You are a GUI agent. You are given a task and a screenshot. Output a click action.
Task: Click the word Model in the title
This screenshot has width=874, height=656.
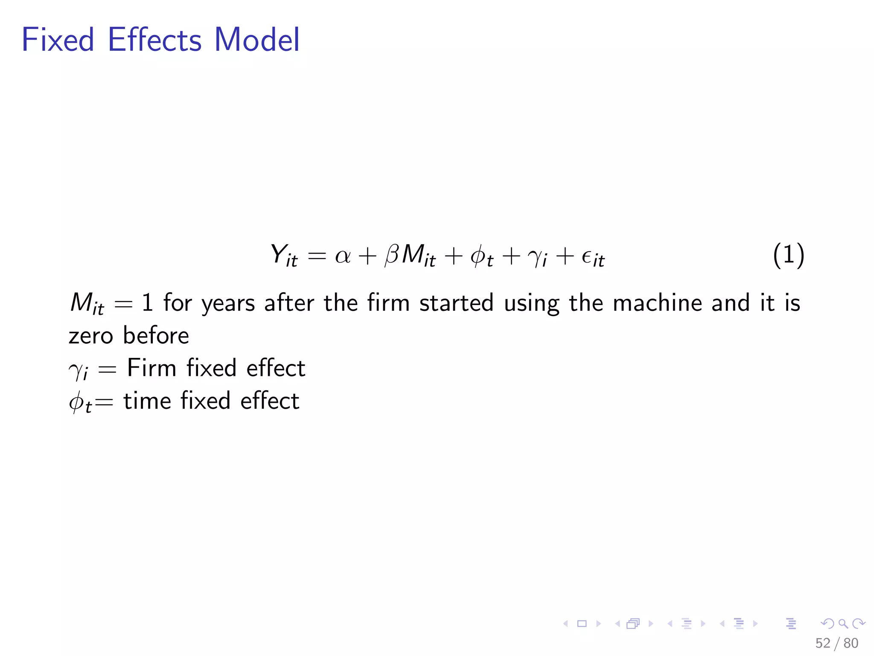(257, 40)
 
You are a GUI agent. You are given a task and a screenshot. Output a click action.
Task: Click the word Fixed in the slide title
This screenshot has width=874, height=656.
(58, 40)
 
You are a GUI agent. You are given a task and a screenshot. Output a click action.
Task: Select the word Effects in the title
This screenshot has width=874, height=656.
(154, 40)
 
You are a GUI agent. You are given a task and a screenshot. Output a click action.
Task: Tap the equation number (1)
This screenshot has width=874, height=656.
(788, 255)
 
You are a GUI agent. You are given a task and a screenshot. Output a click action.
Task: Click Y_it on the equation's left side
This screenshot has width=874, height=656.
(284, 256)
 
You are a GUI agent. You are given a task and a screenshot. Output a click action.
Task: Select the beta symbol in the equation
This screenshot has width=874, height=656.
(391, 255)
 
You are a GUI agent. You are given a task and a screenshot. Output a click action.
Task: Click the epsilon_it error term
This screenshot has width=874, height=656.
(593, 257)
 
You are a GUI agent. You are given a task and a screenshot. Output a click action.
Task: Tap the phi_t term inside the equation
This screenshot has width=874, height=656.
(482, 257)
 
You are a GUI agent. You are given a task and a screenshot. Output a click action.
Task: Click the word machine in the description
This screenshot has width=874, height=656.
(657, 303)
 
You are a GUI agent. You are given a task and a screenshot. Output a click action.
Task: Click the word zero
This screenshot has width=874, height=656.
(90, 336)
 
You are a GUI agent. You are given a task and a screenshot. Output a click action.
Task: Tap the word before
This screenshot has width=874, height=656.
(156, 335)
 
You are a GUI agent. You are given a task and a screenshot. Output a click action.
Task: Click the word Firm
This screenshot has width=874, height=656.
(151, 368)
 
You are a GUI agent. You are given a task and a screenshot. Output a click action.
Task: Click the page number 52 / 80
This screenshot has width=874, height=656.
(836, 643)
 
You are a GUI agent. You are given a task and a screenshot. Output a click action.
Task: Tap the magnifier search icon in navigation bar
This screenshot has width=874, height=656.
(843, 624)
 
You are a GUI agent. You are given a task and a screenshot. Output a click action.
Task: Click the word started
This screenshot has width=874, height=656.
(456, 303)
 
